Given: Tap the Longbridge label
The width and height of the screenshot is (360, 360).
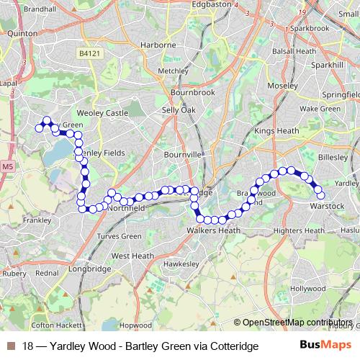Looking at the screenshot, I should pyautogui.click(x=93, y=269).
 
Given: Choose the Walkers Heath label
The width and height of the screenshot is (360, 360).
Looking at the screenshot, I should pyautogui.click(x=213, y=230).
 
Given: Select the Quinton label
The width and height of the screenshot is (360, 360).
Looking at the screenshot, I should pyautogui.click(x=22, y=32).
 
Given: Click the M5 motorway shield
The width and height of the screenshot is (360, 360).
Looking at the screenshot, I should pyautogui.click(x=7, y=167).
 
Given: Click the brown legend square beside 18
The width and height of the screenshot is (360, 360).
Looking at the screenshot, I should pyautogui.click(x=10, y=346).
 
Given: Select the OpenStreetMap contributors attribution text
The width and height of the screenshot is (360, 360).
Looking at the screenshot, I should pyautogui.click(x=297, y=323).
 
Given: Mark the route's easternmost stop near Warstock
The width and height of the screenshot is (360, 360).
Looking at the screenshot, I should pyautogui.click(x=320, y=195).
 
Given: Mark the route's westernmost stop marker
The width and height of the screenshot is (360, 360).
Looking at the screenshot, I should pyautogui.click(x=39, y=128).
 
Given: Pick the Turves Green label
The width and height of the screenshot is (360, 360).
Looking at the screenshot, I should pyautogui.click(x=120, y=236).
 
